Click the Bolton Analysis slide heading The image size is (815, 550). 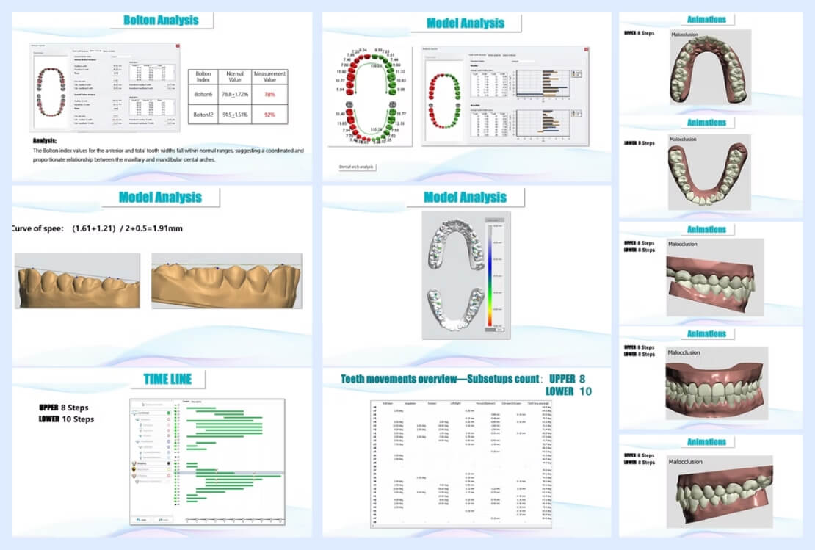[x=161, y=20]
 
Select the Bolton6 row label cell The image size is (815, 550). [x=204, y=94]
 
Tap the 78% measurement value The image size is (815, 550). [x=269, y=94]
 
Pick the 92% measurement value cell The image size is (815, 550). [x=269, y=114]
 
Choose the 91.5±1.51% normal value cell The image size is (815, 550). [x=235, y=114]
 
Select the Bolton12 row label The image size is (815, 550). [x=204, y=114]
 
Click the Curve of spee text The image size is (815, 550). [x=37, y=228]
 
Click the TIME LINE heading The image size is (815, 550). [x=167, y=379]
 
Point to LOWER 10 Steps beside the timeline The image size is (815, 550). [x=67, y=419]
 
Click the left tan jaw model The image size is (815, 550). [x=77, y=282]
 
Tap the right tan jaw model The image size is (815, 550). [x=225, y=282]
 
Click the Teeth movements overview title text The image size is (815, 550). [x=438, y=379]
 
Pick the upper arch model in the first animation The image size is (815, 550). [x=709, y=68]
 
